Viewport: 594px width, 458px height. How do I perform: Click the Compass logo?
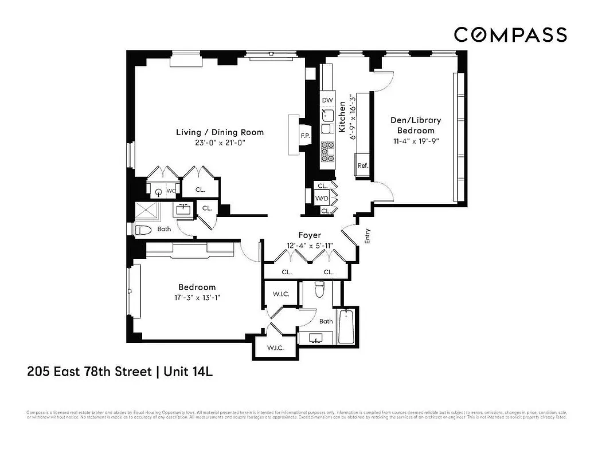[510, 34]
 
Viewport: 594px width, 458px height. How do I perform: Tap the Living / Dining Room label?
[220, 132]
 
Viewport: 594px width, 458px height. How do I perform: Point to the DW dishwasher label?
[327, 100]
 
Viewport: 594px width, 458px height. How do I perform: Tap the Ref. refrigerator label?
[362, 165]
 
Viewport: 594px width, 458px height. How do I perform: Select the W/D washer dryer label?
[321, 198]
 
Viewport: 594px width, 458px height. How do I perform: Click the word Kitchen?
[342, 117]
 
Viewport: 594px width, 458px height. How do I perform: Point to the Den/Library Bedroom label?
[416, 125]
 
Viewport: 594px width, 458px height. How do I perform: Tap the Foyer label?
[310, 235]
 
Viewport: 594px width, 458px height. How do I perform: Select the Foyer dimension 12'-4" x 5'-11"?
[310, 247]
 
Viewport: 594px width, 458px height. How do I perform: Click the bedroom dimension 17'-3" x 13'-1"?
[197, 298]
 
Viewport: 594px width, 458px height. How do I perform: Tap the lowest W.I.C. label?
[276, 348]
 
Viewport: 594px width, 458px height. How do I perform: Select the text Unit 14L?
[188, 372]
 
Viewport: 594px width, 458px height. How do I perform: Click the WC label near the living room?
[171, 190]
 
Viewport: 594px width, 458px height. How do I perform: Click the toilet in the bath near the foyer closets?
[320, 289]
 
